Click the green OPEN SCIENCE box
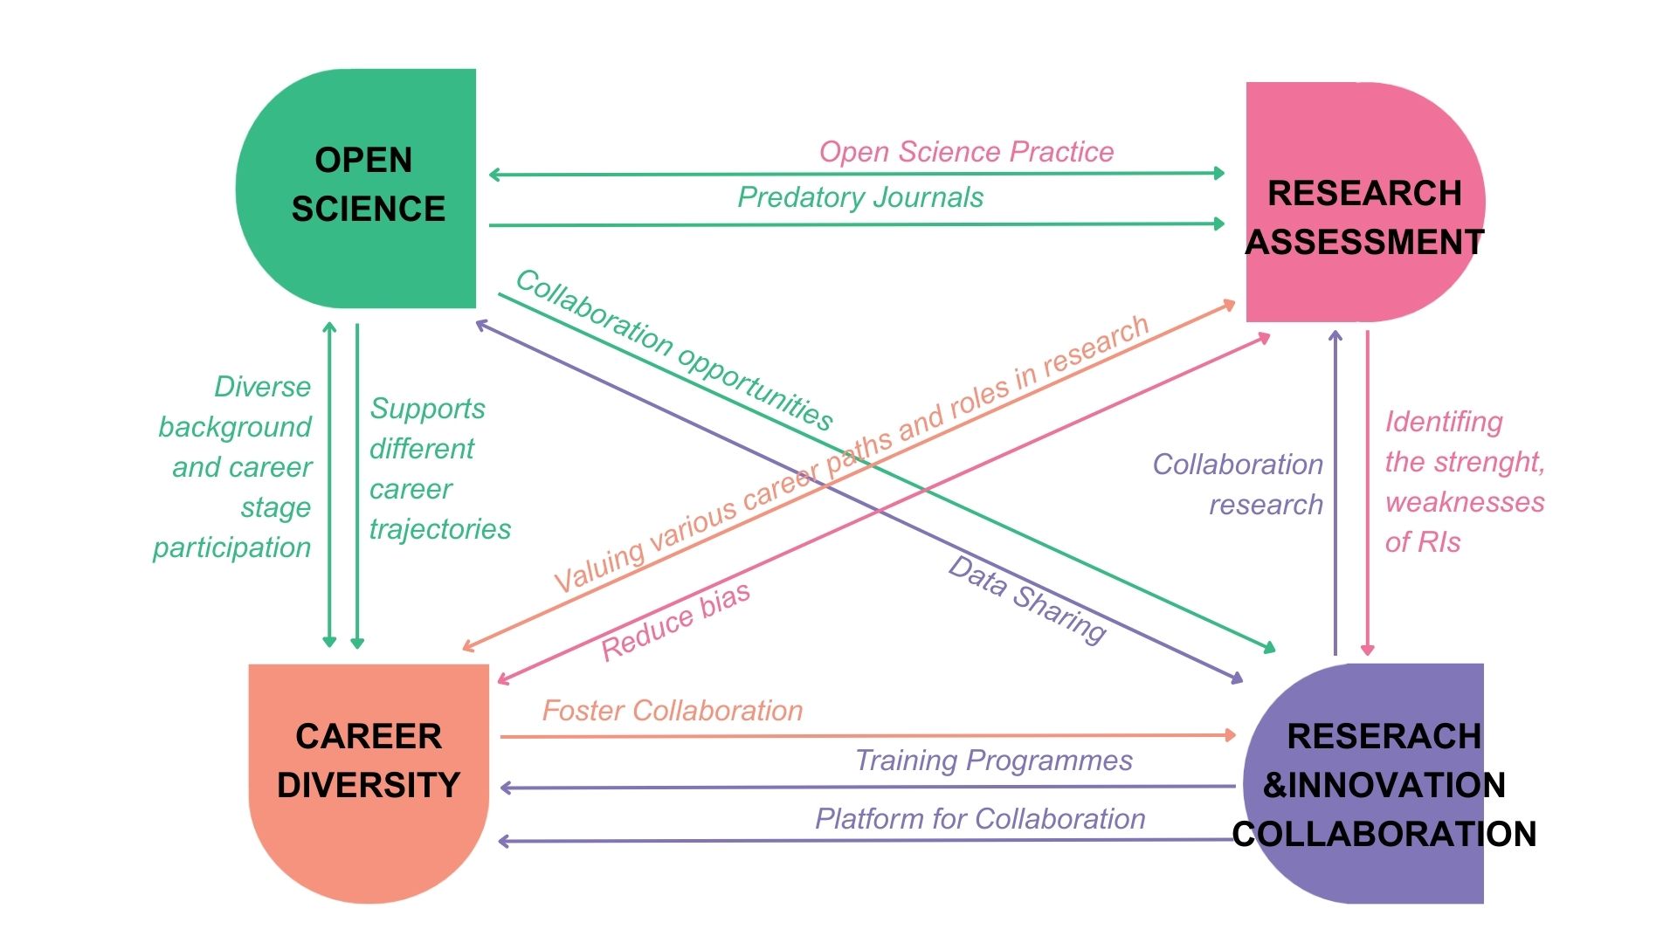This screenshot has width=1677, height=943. [367, 188]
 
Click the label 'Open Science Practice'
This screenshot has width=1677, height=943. [966, 152]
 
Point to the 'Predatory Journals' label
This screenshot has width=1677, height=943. [860, 197]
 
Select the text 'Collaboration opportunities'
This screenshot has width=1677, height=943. [674, 349]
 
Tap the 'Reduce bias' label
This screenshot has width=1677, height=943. [675, 622]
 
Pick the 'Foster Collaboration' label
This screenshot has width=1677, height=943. [673, 711]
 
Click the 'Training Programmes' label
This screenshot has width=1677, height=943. [993, 761]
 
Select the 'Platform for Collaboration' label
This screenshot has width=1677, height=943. [980, 819]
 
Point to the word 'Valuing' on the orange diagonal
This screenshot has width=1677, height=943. [599, 566]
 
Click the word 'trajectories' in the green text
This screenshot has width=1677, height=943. [440, 529]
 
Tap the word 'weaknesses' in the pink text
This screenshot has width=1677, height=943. [1465, 502]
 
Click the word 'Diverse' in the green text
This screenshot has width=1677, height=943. [263, 387]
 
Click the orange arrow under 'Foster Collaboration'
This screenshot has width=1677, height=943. [865, 736]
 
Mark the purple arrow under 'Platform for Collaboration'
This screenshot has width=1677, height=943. [865, 841]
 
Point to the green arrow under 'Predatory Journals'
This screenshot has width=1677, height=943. [856, 224]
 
